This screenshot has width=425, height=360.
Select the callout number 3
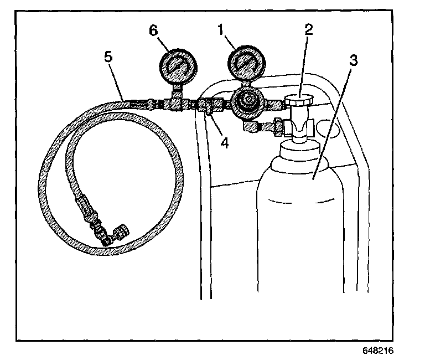coord(353,60)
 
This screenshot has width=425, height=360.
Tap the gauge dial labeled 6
coord(176,66)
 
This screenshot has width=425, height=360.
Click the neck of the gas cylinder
coord(299,148)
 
